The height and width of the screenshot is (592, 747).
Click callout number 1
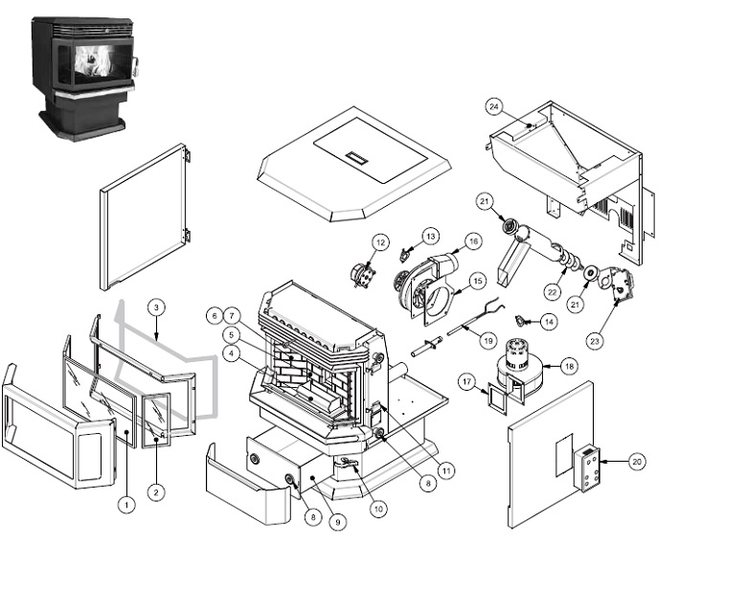[x=124, y=502]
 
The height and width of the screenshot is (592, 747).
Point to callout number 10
[x=379, y=509]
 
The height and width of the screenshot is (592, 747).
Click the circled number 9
[x=336, y=523]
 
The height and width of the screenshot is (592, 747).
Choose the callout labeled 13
[x=430, y=235]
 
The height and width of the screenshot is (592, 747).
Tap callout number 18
[x=568, y=365]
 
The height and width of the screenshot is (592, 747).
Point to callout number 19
[x=487, y=339]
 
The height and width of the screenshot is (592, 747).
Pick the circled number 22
[x=553, y=291]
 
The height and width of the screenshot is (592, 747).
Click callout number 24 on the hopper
[x=520, y=105]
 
